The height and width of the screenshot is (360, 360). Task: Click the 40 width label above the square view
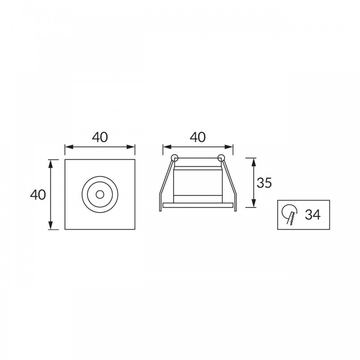pos(100,137)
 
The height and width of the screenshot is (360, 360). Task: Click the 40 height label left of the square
pos(38,195)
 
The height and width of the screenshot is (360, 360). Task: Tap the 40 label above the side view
pos(198,137)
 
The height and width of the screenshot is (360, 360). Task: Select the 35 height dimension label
pos(264,183)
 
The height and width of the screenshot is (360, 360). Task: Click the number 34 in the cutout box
pos(312,215)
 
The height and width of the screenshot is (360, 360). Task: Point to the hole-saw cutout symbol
pos(290,214)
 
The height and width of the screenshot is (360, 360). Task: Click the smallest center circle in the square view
pos(100,195)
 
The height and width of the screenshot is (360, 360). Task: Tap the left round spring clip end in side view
pos(175,158)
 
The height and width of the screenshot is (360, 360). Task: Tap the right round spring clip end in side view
pos(221,158)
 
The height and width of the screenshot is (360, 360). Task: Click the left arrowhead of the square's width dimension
pos(69,147)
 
